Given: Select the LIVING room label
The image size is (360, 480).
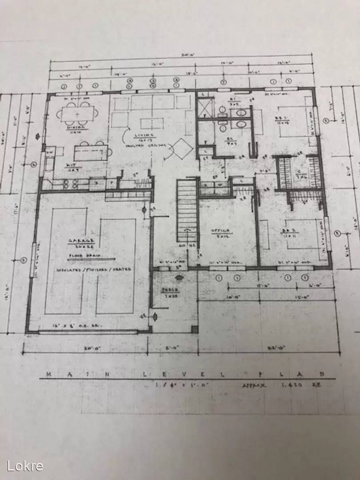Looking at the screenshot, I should click(145, 135).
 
